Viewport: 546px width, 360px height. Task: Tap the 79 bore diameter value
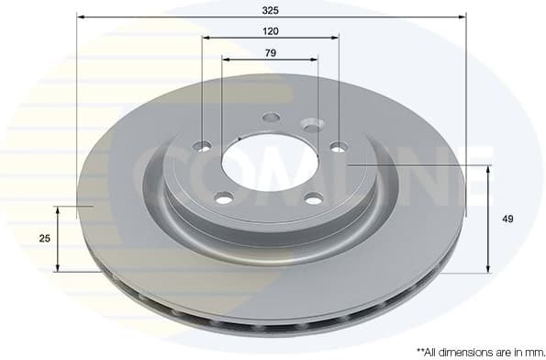coord(270,53)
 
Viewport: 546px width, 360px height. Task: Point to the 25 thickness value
coord(44,239)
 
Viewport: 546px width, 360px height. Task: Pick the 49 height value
coord(507,219)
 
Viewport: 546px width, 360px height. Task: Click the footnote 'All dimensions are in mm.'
coord(480,351)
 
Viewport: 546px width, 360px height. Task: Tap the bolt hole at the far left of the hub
coord(203,146)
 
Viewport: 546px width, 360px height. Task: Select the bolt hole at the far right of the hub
coord(339,146)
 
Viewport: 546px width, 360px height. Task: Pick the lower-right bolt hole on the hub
coord(313,198)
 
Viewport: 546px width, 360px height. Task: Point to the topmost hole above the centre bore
coord(270,118)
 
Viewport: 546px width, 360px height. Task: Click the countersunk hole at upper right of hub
coord(313,125)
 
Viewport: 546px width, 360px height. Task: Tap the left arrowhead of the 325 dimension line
coord(80,17)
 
